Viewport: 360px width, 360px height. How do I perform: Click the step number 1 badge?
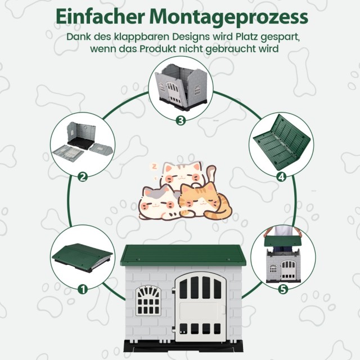click(83, 289)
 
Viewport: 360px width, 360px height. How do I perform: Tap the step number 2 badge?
click(83, 177)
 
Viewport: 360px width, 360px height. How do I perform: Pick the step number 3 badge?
click(181, 120)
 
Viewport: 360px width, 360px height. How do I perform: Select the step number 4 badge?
click(281, 177)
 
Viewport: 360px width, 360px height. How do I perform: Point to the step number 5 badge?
click(283, 289)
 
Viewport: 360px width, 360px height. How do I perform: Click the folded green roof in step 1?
click(82, 255)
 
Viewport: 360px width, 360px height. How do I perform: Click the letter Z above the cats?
click(154, 166)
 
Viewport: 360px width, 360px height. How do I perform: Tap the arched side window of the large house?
click(148, 300)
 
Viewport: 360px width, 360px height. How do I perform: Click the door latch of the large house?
click(223, 309)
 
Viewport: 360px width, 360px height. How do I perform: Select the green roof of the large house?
click(183, 255)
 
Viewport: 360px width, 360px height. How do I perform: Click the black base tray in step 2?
click(81, 144)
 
